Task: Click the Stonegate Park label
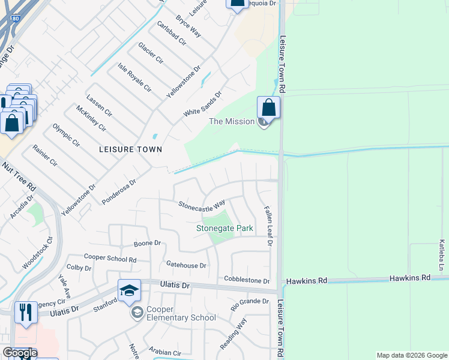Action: tap(225, 228)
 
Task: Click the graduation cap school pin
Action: tap(129, 291)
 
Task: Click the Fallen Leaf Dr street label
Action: tap(269, 226)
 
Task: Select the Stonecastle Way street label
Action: tap(202, 205)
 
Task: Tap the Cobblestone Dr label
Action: tap(247, 280)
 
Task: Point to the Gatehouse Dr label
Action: tap(186, 265)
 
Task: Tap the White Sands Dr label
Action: tap(203, 104)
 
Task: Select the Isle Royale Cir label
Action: tap(134, 77)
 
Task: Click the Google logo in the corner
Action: tap(20, 353)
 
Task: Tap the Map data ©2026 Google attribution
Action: tap(411, 355)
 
